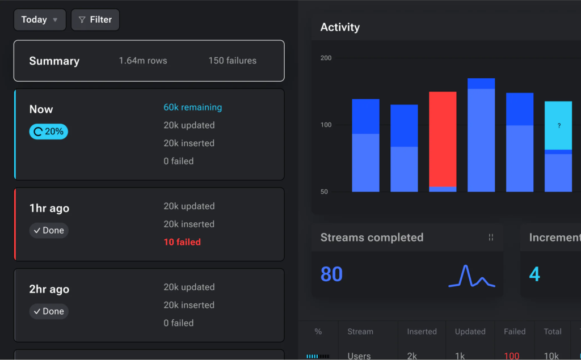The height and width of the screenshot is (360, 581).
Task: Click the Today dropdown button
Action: [x=40, y=20]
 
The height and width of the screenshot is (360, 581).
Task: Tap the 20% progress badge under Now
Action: [x=49, y=132]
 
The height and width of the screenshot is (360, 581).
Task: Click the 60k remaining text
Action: [x=193, y=107]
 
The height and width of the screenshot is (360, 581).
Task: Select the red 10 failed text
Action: [x=182, y=242]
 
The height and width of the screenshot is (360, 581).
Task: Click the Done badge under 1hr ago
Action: [x=49, y=230]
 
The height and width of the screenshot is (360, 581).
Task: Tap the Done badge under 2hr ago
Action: [x=49, y=311]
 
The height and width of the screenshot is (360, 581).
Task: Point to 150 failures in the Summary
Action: [x=232, y=61]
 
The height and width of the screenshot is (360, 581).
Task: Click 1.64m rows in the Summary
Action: [x=143, y=61]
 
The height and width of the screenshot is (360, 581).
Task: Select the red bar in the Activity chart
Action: [x=443, y=139]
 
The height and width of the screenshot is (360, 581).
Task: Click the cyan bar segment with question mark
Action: [x=558, y=125]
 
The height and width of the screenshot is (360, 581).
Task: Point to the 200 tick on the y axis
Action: [x=326, y=58]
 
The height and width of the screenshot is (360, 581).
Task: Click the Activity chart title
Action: [x=340, y=27]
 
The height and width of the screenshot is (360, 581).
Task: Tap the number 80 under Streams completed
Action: [x=331, y=274]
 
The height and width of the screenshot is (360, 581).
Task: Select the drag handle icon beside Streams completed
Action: [x=491, y=238]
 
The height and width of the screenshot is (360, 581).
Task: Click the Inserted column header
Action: [x=422, y=332]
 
